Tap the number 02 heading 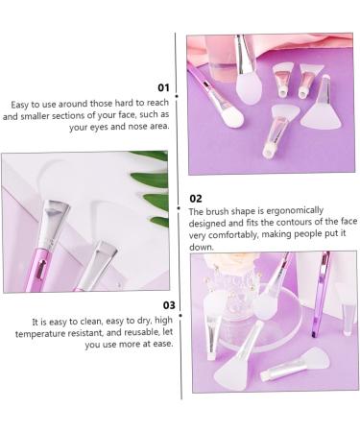[x=197, y=198]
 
